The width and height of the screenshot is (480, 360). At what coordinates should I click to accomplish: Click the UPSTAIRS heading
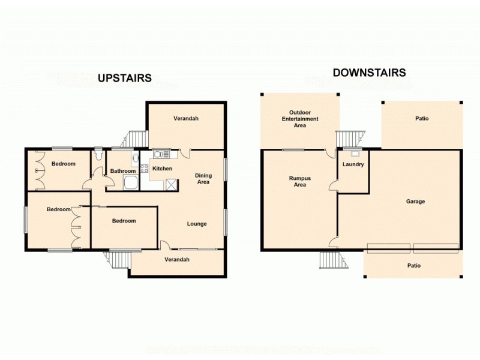[125, 78]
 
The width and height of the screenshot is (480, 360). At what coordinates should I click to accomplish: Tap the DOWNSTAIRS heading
[370, 73]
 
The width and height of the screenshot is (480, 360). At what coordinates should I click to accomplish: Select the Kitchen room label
[162, 169]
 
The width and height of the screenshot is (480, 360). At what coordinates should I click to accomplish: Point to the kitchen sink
[160, 154]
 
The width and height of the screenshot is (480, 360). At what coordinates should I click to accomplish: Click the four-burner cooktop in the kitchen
[145, 169]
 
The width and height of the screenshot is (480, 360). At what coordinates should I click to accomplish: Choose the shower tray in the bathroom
[130, 183]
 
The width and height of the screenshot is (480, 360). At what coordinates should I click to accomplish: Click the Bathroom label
[122, 171]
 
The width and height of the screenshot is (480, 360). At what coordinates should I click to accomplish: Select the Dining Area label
[203, 179]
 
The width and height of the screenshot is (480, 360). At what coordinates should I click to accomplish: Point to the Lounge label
[197, 224]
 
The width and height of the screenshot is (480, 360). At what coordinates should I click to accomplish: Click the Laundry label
[353, 164]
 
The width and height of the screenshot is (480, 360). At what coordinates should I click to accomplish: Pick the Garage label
[415, 202]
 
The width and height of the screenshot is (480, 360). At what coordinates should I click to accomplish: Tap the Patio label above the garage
[422, 119]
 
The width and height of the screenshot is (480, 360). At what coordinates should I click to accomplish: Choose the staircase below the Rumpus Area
[330, 260]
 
